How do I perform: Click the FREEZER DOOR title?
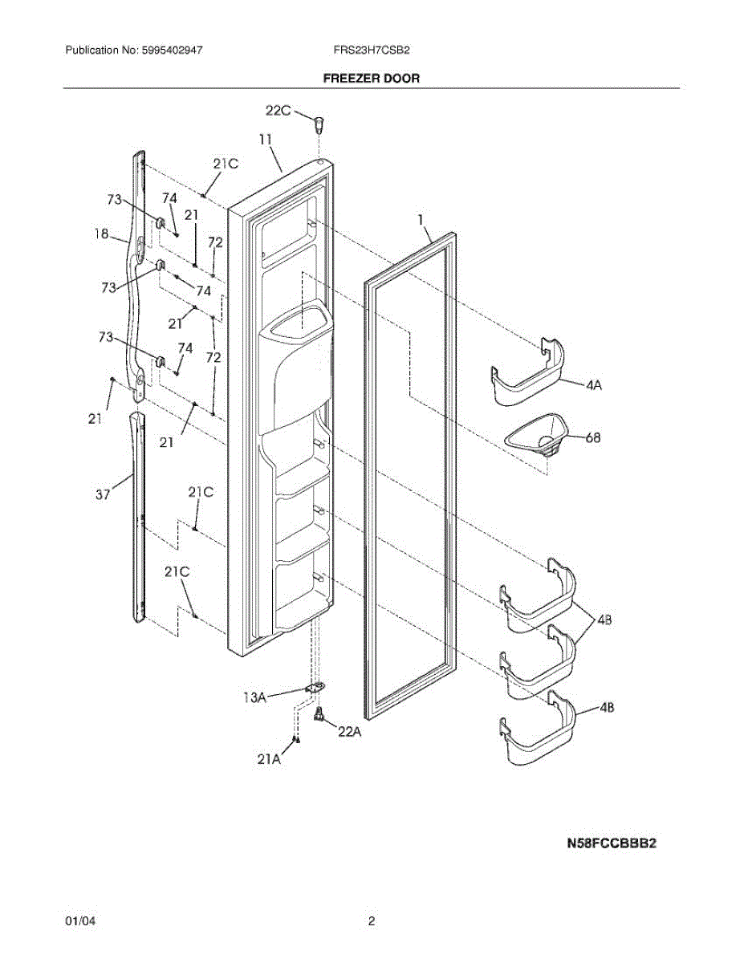click(371, 79)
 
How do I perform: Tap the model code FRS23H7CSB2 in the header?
click(372, 50)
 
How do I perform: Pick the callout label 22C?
click(279, 112)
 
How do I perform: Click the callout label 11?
click(265, 139)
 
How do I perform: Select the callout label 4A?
click(593, 385)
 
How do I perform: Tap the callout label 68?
click(593, 438)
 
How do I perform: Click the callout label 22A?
click(349, 731)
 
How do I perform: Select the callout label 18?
click(101, 234)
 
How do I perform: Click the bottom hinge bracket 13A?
click(317, 689)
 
